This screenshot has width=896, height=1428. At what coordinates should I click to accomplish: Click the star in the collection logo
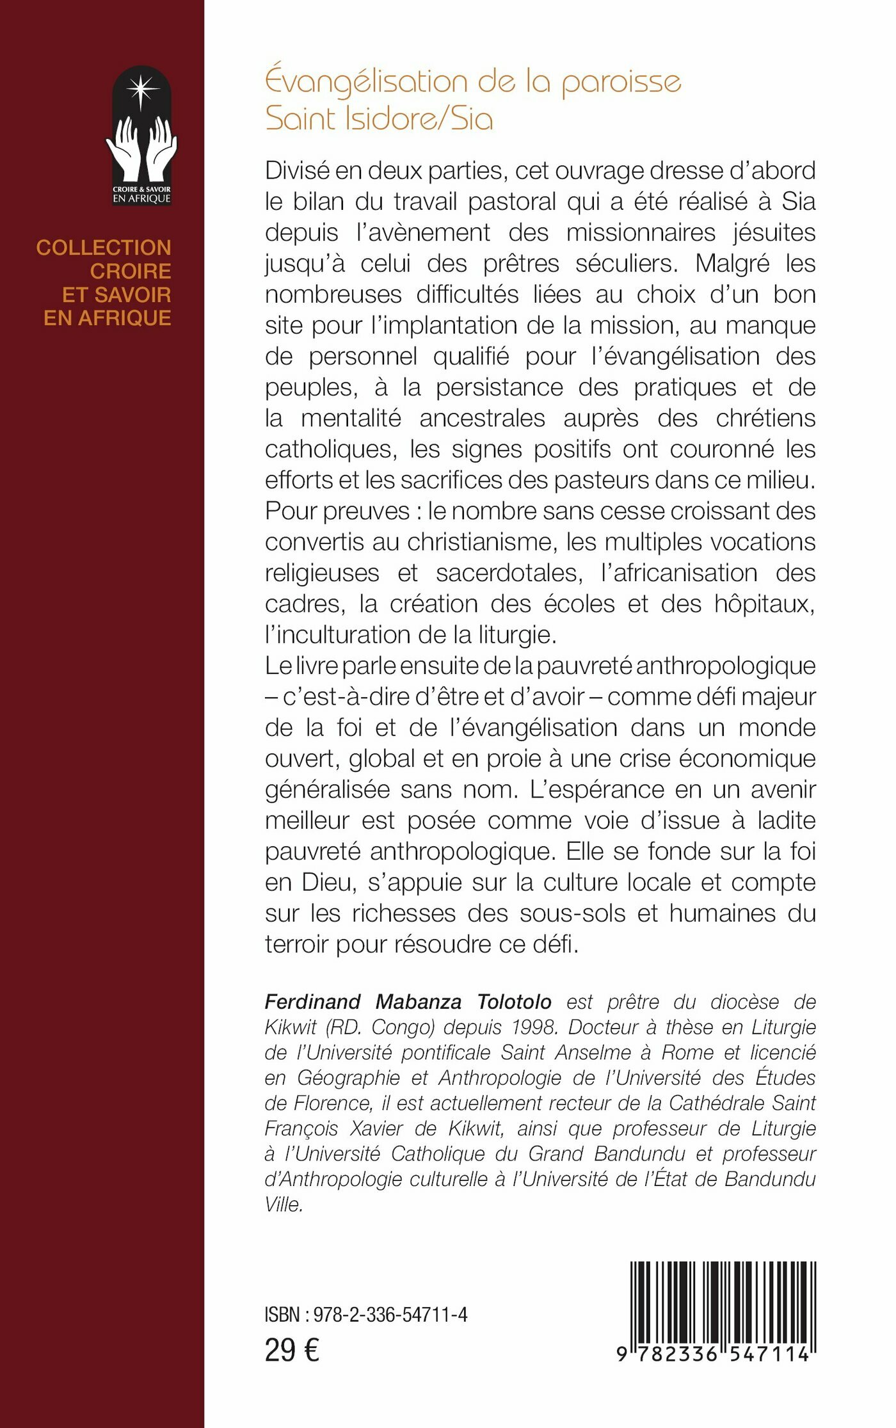[141, 90]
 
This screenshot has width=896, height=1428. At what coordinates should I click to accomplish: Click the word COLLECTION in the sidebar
[104, 248]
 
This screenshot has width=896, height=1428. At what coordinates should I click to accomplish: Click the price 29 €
[292, 1351]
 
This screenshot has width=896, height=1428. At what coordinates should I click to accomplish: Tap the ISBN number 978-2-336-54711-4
[390, 1315]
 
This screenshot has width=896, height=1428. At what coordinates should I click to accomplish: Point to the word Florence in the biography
[332, 1103]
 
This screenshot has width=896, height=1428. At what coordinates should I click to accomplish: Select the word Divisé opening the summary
[298, 171]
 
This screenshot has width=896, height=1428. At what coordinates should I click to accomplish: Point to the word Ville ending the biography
[284, 1204]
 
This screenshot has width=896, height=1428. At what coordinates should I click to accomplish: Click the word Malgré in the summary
[732, 263]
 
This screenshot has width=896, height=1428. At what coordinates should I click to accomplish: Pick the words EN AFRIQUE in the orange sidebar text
[108, 318]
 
